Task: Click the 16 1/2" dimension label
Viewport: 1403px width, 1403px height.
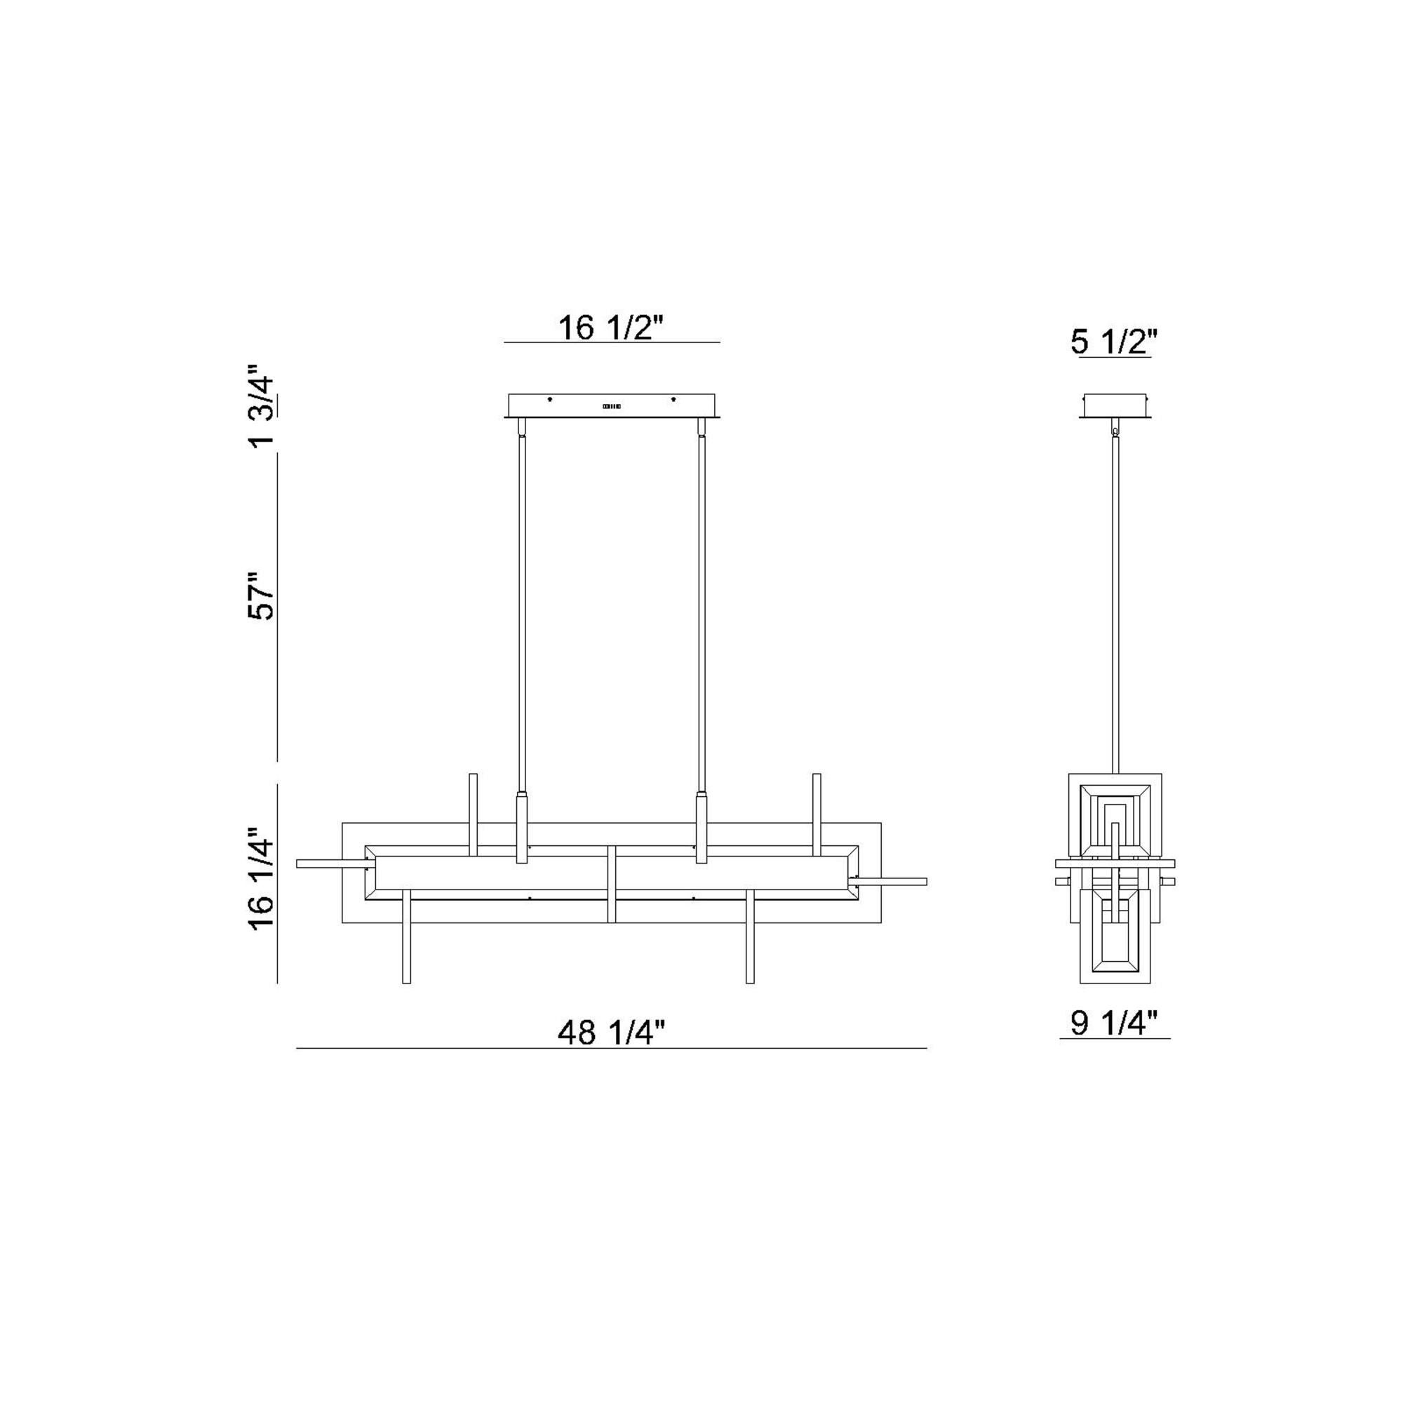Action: click(611, 328)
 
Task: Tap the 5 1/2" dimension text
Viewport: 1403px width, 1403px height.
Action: click(1113, 342)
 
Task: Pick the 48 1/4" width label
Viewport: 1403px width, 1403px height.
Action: click(611, 1032)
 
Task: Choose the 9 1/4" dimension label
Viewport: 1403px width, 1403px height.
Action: click(1113, 1024)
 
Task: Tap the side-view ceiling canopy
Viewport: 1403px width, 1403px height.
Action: click(1115, 406)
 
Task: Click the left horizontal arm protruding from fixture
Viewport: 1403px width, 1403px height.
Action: click(330, 864)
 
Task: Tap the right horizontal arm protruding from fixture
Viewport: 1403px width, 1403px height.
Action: click(893, 882)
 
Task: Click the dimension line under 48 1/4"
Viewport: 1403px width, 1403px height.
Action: click(611, 1048)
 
